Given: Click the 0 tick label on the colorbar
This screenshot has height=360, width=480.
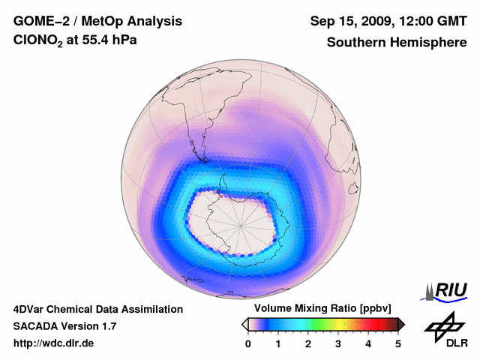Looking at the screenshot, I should (248, 343).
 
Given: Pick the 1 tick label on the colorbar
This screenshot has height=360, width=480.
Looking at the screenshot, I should (278, 343).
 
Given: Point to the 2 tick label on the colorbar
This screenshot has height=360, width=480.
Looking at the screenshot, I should (308, 343).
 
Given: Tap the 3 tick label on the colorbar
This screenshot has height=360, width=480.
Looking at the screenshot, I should (338, 343).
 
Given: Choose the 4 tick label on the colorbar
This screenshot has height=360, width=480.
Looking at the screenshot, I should (368, 343).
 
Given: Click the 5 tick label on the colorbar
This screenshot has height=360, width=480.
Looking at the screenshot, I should (398, 343).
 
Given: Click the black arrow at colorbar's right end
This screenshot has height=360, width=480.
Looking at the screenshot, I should (401, 324).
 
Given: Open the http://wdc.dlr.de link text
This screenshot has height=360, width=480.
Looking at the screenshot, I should (54, 343).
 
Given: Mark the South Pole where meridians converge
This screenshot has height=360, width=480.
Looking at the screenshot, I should (241, 223).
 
